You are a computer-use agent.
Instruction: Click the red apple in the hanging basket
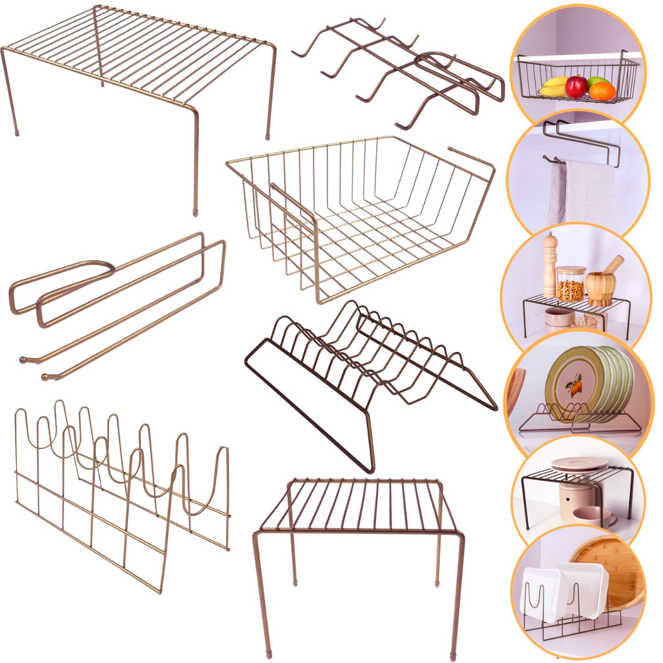pos(576,86)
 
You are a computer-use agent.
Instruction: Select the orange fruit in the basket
pos(602,90)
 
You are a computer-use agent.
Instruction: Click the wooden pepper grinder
pos(549,265)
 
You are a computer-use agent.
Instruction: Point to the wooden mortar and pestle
pos(601,284)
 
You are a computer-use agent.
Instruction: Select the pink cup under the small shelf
pos(592,516)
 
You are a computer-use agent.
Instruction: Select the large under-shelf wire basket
pos(359,215)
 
